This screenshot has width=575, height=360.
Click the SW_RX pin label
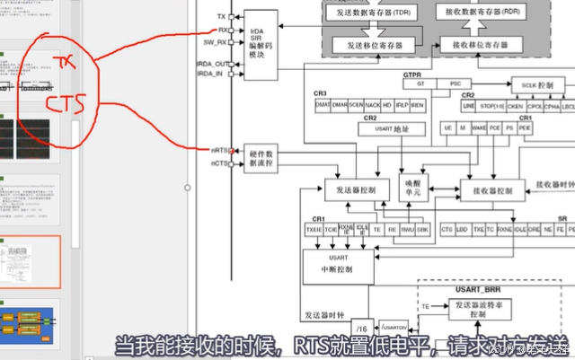tap(215, 42)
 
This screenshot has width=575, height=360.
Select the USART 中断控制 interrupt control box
tap(331, 262)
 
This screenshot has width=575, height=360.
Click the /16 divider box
tap(362, 325)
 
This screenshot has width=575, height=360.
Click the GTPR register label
tap(412, 74)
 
